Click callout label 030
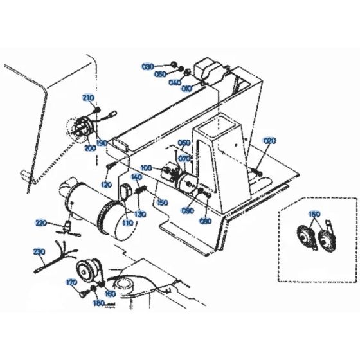tap(148, 66)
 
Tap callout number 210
tap(89, 98)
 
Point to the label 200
tap(91, 148)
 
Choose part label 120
tap(107, 184)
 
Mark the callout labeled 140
tap(136, 177)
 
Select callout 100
tap(147, 168)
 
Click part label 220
tap(41, 223)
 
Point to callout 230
tap(37, 251)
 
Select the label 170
tap(73, 281)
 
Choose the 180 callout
tap(98, 302)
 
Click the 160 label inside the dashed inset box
tap(314, 215)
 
